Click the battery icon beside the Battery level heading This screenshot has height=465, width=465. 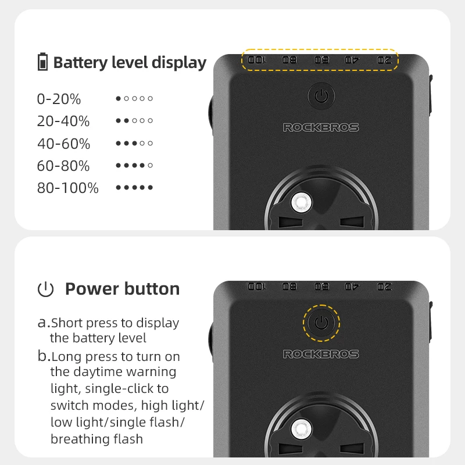(x=43, y=62)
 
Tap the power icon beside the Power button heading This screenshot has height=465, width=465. (x=45, y=289)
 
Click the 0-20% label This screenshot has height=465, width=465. (x=59, y=99)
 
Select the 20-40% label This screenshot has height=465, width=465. (x=63, y=121)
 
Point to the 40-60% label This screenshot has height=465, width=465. (x=63, y=144)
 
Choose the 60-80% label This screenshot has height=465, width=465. (x=63, y=166)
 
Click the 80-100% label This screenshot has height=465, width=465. (x=67, y=188)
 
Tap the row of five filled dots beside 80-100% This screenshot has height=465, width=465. (x=134, y=188)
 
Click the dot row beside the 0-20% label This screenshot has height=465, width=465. (x=134, y=99)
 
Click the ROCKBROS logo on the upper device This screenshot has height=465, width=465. (x=321, y=127)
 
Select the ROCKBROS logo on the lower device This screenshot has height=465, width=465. (x=321, y=354)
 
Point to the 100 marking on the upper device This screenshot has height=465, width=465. (x=256, y=59)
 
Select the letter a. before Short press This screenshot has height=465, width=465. (x=43, y=323)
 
